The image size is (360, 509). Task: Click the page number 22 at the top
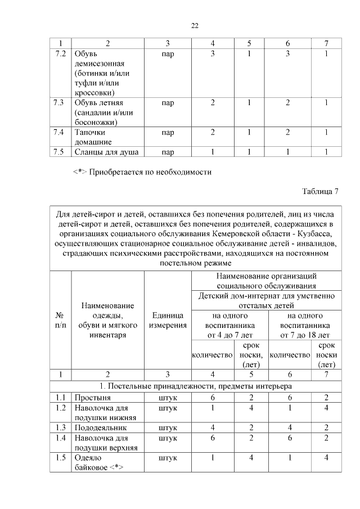point(195,25)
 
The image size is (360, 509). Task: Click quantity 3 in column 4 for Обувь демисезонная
point(213,54)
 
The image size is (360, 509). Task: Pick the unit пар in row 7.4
point(167,132)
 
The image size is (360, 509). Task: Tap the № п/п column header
point(60,321)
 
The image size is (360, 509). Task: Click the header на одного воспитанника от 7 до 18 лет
point(304,325)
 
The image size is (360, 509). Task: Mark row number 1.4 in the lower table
point(60,438)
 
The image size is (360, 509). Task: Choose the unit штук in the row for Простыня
point(168,398)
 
